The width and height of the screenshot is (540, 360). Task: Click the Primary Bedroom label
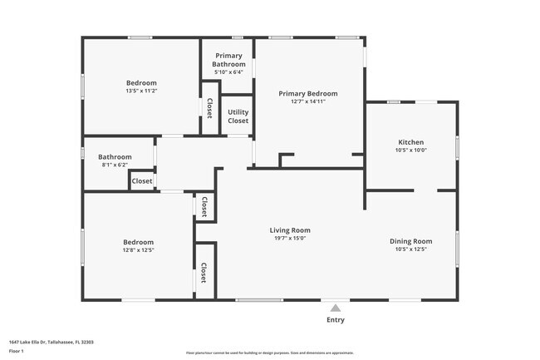(x=308, y=94)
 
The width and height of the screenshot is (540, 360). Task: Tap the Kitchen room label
(x=410, y=142)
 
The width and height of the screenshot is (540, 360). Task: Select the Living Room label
(x=289, y=230)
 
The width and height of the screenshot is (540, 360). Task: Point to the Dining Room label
(x=410, y=241)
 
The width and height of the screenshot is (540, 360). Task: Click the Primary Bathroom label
(x=228, y=60)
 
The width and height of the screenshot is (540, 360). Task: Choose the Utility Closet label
(x=238, y=116)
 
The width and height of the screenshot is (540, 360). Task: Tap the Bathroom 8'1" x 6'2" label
(x=115, y=156)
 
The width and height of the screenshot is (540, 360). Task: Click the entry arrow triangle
(x=336, y=307)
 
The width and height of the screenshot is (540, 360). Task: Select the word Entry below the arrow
(x=336, y=320)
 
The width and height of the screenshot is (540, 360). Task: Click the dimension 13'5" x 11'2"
(x=141, y=91)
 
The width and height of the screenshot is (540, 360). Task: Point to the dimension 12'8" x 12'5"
(x=139, y=249)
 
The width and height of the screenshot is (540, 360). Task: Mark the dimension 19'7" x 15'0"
(x=289, y=239)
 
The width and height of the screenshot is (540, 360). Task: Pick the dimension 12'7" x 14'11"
(x=308, y=102)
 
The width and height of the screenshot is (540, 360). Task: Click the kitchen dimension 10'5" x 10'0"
(x=410, y=150)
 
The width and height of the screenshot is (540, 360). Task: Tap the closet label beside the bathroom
(x=141, y=181)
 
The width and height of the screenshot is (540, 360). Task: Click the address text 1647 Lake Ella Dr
(x=51, y=342)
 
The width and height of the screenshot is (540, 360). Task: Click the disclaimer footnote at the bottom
(x=269, y=353)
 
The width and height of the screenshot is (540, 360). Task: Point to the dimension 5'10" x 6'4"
(x=228, y=72)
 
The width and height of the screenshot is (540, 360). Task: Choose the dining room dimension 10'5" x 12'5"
(x=410, y=249)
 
